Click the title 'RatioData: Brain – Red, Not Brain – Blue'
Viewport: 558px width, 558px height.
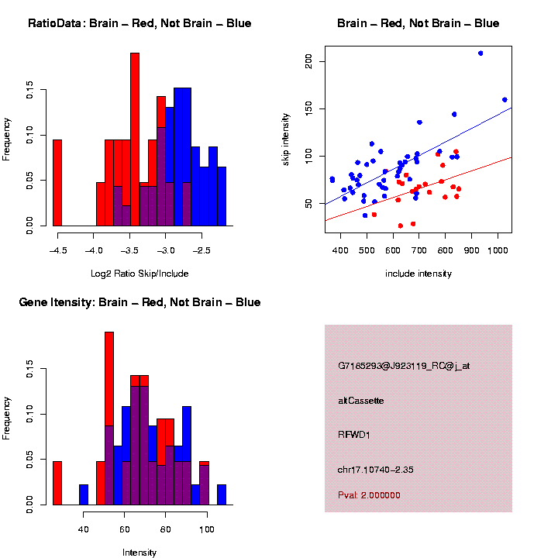point(139,23)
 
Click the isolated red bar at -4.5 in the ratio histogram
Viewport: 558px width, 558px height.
point(57,183)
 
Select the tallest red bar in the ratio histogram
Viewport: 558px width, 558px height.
point(135,139)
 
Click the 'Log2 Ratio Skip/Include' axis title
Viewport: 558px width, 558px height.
point(139,274)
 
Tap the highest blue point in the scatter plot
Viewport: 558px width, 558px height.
point(480,53)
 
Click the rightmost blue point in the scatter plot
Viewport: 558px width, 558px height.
point(505,100)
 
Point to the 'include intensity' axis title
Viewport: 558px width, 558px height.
point(418,274)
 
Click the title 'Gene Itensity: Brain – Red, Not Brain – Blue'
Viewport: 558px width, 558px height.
point(139,302)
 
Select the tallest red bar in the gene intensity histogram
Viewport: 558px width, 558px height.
point(109,418)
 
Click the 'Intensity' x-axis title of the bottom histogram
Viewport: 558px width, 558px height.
point(139,553)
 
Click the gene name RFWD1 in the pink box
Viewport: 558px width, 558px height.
point(354,435)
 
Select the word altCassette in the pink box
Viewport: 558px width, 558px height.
point(361,401)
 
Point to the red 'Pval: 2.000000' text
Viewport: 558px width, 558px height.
point(370,495)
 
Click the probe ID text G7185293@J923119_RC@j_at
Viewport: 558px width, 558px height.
point(404,366)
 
